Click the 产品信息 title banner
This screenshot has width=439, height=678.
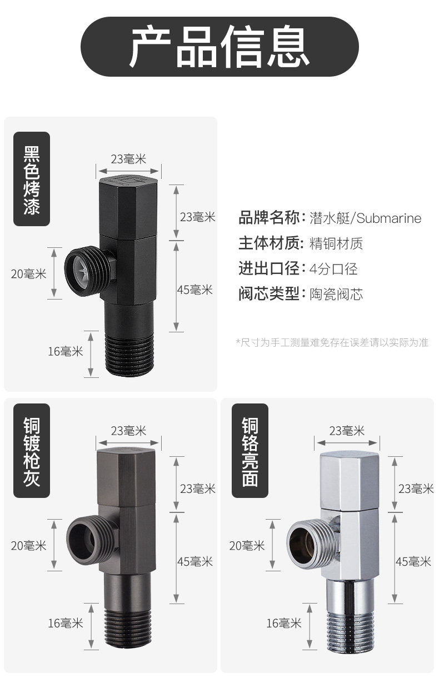[219, 47]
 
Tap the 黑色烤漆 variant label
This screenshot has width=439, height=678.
[32, 178]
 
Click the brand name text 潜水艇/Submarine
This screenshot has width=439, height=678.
[365, 218]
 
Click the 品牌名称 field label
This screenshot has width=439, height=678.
[269, 218]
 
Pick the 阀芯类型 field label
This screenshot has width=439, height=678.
[269, 294]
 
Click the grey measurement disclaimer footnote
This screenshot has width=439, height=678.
[332, 342]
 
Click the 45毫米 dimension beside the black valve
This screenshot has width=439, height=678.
[194, 290]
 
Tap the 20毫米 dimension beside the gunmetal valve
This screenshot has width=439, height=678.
[28, 545]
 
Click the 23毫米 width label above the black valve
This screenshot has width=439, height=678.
[128, 159]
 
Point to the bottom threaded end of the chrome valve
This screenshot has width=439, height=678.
[348, 628]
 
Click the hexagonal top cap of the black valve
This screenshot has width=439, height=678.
[128, 206]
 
